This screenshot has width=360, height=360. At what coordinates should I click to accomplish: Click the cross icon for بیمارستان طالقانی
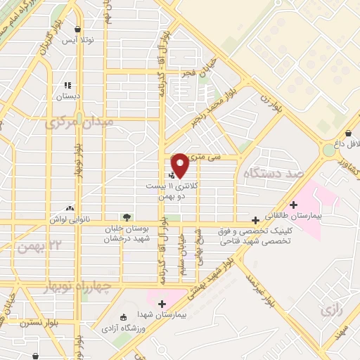pyautogui.click(x=293, y=205)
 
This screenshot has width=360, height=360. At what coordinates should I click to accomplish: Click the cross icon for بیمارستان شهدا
pyautogui.click(x=162, y=304)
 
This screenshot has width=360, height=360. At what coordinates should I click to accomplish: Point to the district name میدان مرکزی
pyautogui.click(x=79, y=123)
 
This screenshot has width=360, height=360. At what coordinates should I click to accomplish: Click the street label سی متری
pyautogui.click(x=210, y=158)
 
